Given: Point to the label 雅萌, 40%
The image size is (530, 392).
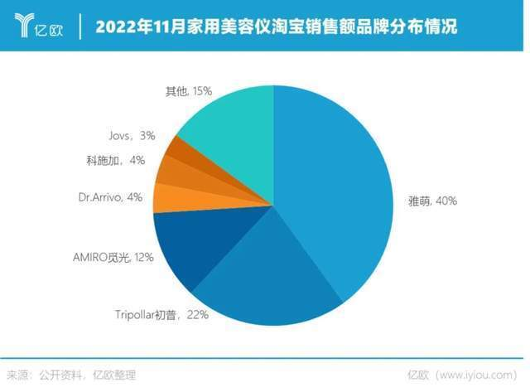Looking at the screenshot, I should [431, 201].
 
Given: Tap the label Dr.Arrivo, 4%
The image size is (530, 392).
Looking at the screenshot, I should [110, 197].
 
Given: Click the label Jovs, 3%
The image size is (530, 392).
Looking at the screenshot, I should [131, 134].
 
